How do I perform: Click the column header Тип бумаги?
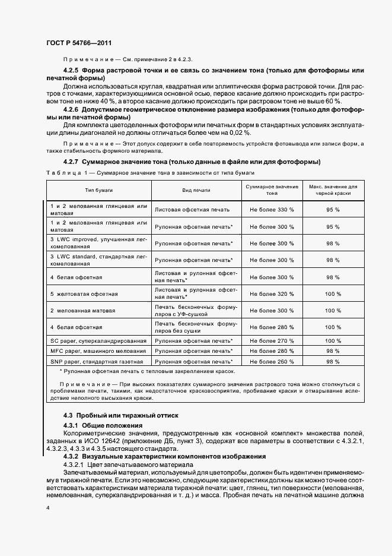99,189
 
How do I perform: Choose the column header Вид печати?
195,189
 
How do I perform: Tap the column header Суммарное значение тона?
272,189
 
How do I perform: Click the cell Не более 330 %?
272,210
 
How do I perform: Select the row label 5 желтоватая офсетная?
84,293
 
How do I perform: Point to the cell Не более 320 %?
272,293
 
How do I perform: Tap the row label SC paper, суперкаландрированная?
98,341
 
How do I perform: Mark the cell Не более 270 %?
272,341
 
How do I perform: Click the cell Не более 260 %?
272,361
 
